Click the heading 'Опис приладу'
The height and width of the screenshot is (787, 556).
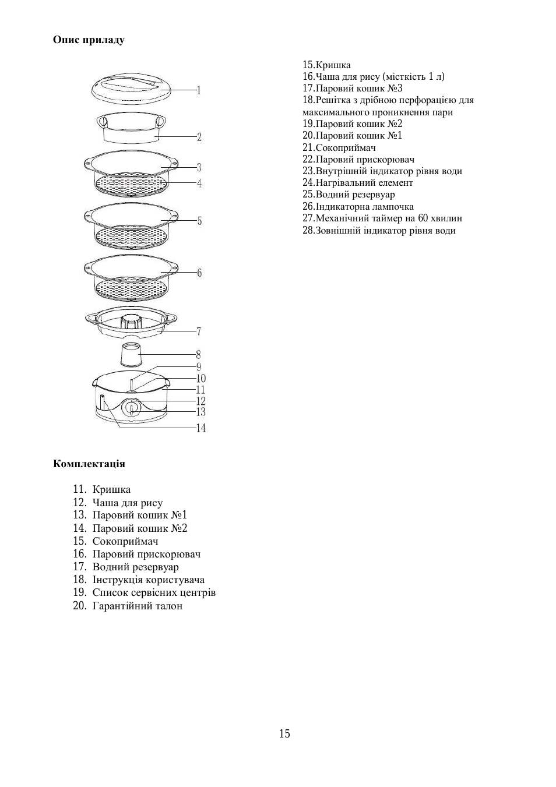(89, 40)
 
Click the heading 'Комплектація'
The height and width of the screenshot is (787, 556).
(89, 464)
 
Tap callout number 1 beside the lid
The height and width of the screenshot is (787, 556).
(199, 90)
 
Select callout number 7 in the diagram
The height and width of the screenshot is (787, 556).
(199, 331)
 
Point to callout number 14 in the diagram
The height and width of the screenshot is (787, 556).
(200, 428)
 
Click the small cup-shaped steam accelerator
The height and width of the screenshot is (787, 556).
(131, 355)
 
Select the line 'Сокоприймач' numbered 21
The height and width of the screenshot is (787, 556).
(339, 148)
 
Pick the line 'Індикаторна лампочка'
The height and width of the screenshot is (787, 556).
(358, 207)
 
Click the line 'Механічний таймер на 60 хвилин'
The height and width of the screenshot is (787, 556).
(382, 218)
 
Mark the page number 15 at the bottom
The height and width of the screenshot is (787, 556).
(284, 733)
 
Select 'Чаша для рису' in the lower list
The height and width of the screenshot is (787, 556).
(127, 503)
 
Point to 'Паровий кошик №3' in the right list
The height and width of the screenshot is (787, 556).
(353, 89)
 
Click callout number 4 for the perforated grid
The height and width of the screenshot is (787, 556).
(199, 183)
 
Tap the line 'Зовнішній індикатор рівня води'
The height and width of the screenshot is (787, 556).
(379, 231)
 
